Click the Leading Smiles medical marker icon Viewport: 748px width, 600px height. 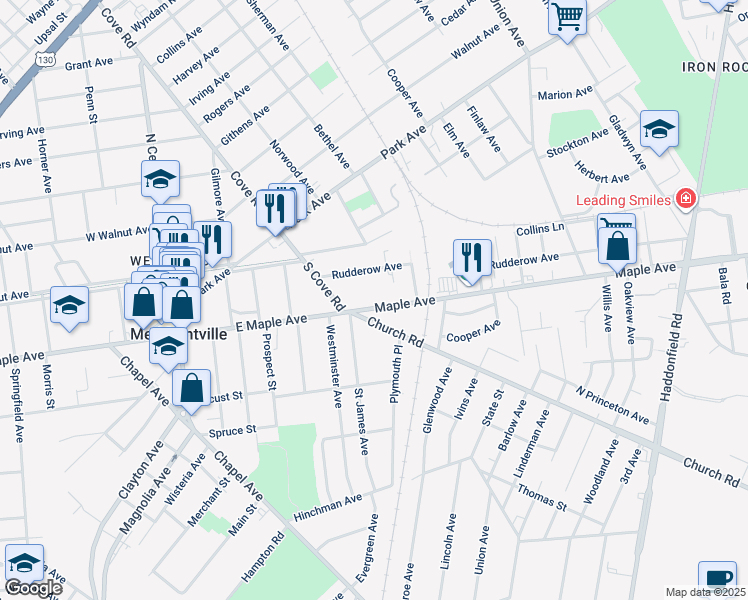click(x=685, y=199)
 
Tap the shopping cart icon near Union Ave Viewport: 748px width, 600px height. click(x=567, y=17)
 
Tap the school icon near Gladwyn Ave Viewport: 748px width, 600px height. click(x=659, y=129)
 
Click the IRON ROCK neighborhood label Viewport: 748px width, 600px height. click(x=714, y=66)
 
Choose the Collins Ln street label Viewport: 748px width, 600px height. click(x=540, y=229)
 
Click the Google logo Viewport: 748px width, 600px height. click(x=33, y=588)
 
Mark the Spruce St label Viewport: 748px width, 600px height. click(x=233, y=431)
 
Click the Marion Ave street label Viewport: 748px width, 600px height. click(x=565, y=95)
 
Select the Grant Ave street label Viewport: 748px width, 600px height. click(x=89, y=63)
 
